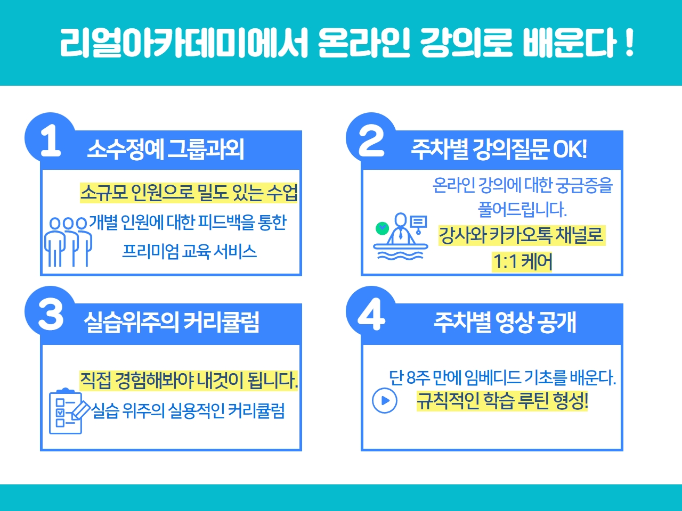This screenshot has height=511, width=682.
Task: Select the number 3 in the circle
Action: (x=51, y=314)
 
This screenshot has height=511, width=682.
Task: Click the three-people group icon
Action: (x=68, y=242)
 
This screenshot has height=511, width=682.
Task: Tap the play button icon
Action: (x=385, y=400)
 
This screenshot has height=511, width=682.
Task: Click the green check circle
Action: (x=382, y=228)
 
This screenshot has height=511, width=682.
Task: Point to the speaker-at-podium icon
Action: (x=401, y=236)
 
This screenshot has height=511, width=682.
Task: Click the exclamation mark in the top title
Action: (x=629, y=43)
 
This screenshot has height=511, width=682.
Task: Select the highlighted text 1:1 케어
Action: (x=522, y=261)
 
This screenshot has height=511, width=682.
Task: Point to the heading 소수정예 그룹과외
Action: (x=166, y=149)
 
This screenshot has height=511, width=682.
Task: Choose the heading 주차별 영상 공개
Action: (x=505, y=323)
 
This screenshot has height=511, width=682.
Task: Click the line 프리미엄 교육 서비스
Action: (x=190, y=251)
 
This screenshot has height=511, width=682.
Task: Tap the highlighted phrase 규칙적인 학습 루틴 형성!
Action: (x=502, y=401)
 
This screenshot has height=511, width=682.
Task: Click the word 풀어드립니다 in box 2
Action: (x=522, y=209)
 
